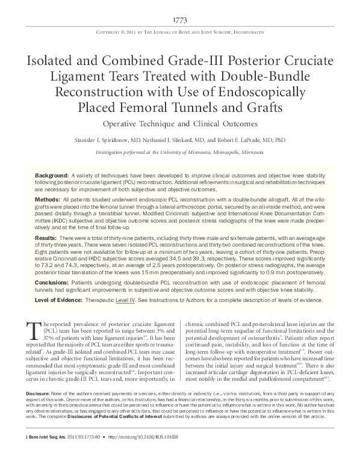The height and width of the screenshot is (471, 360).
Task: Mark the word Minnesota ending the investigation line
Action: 249,153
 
